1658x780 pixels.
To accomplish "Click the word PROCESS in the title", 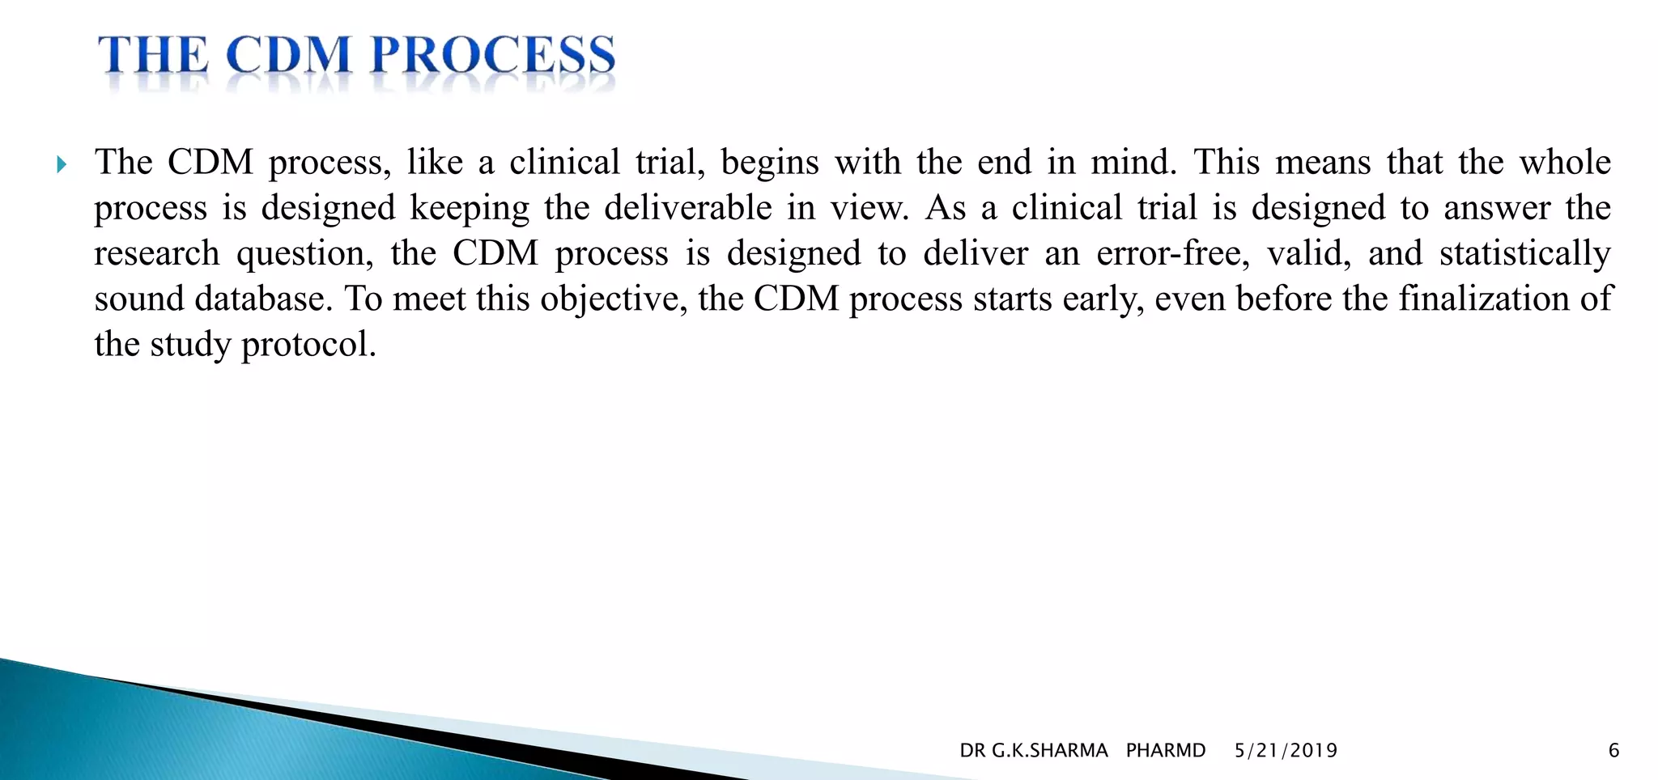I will tap(493, 57).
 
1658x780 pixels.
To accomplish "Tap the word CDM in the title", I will tap(288, 57).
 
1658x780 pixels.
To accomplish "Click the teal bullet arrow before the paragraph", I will tap(62, 165).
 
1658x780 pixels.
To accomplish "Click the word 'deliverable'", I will tap(688, 208).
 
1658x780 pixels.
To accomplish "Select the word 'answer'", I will tap(1497, 209).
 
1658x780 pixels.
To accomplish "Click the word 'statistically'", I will tap(1524, 254).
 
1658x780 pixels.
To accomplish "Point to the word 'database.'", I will tap(264, 299).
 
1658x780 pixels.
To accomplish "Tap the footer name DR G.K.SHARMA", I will tap(1033, 751).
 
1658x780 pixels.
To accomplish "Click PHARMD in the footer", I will tap(1165, 751).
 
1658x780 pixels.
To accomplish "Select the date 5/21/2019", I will tap(1286, 751).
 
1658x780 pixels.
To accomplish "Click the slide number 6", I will tap(1613, 751).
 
